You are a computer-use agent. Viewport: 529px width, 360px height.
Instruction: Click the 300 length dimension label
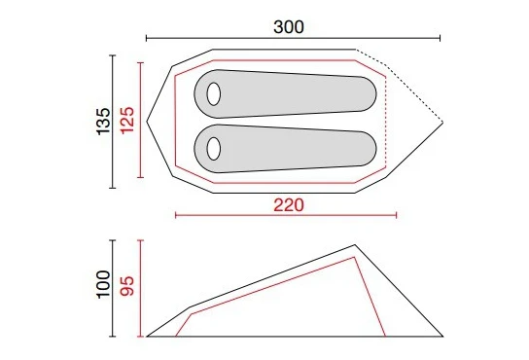pos(289,27)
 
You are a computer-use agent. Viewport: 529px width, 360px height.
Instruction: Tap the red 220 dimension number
pos(289,205)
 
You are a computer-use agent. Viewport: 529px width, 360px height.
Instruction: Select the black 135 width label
pos(104,122)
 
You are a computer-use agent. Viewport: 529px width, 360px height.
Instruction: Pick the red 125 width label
pos(127,121)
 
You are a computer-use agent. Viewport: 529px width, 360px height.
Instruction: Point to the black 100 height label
pos(104,284)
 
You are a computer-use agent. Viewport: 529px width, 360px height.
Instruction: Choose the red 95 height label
pos(127,286)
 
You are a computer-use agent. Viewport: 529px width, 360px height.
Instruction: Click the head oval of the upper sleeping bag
pos(214,93)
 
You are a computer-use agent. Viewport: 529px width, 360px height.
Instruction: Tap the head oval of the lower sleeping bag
pos(214,149)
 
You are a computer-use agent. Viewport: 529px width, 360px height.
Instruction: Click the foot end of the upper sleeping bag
pos(368,93)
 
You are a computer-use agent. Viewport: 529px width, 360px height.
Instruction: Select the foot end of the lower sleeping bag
pos(368,149)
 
